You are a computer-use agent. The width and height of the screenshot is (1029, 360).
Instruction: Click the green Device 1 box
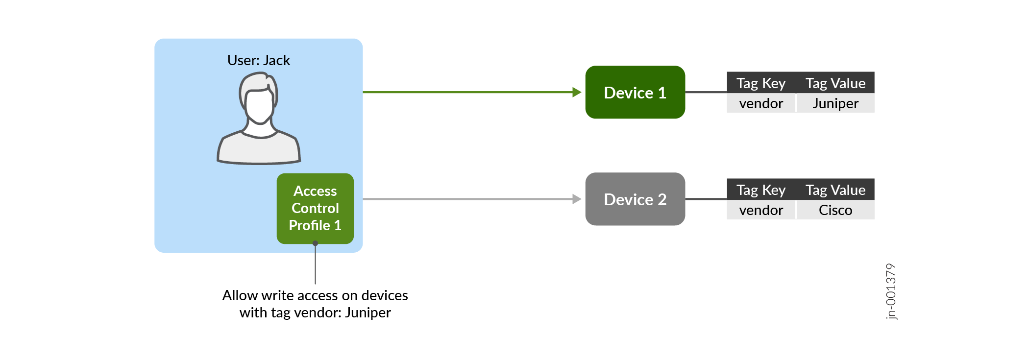(635, 93)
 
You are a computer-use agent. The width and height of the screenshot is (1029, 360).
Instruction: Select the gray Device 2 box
(635, 199)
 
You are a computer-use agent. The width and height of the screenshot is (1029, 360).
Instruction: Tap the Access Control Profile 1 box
(315, 208)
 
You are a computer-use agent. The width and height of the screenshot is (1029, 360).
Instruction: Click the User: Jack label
(258, 60)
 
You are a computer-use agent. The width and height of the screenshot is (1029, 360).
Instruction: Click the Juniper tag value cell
(835, 103)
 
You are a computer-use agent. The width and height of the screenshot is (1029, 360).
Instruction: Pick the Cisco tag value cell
(835, 210)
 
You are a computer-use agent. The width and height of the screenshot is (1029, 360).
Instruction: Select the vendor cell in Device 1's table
(761, 103)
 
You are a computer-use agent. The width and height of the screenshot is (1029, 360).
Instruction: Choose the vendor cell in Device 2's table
(761, 210)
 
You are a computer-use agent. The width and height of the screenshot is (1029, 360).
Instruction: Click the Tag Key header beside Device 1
(761, 83)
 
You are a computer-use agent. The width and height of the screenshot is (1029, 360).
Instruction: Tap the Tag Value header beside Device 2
(835, 190)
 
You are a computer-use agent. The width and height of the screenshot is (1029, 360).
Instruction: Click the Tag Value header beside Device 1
(835, 83)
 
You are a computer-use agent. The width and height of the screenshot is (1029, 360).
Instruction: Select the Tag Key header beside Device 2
(761, 190)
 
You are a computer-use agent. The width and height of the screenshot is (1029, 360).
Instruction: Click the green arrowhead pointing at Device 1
(577, 92)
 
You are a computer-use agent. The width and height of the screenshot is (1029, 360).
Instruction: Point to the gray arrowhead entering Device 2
(577, 199)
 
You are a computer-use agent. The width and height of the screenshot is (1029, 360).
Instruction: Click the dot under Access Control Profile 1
(315, 243)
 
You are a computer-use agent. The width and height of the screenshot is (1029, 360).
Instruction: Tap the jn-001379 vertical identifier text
(891, 291)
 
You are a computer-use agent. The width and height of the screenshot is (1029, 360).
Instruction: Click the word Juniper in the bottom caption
(367, 312)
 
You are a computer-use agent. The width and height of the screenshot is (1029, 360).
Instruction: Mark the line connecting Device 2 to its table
(706, 199)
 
